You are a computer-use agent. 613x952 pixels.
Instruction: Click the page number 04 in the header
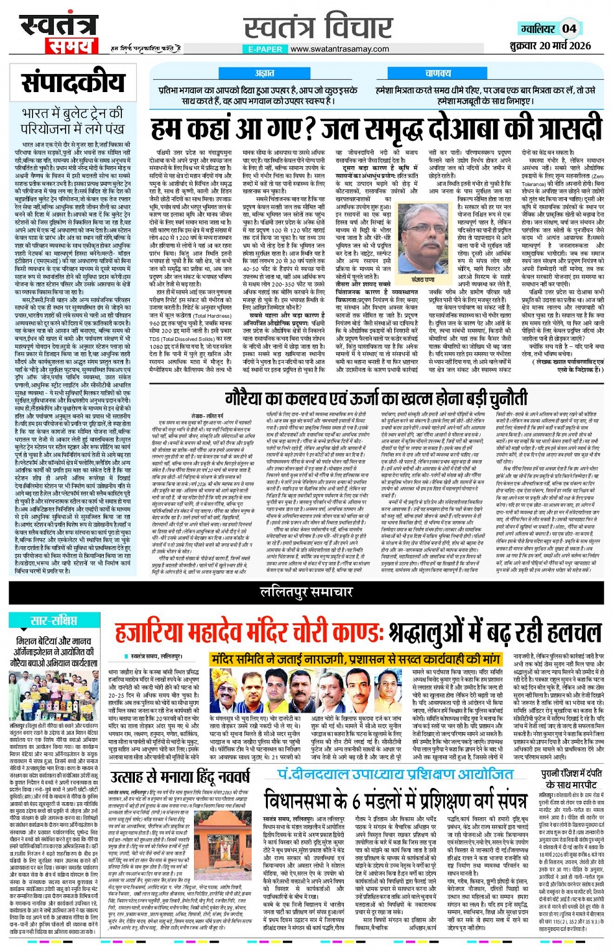pos(569,29)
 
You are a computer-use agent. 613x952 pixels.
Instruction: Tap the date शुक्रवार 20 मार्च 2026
pos(550,45)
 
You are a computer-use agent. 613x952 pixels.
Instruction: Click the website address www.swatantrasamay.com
pos(339,49)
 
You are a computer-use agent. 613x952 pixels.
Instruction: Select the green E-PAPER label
pos(265,49)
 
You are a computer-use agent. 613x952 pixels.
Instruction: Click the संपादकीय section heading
pos(73,83)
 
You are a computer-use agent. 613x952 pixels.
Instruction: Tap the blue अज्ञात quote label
pos(264,74)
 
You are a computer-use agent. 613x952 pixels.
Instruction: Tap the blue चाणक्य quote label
pos(438,74)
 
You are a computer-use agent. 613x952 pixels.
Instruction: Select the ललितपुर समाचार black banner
pos(306,591)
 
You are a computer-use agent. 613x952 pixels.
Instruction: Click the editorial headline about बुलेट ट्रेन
pos(72,121)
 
